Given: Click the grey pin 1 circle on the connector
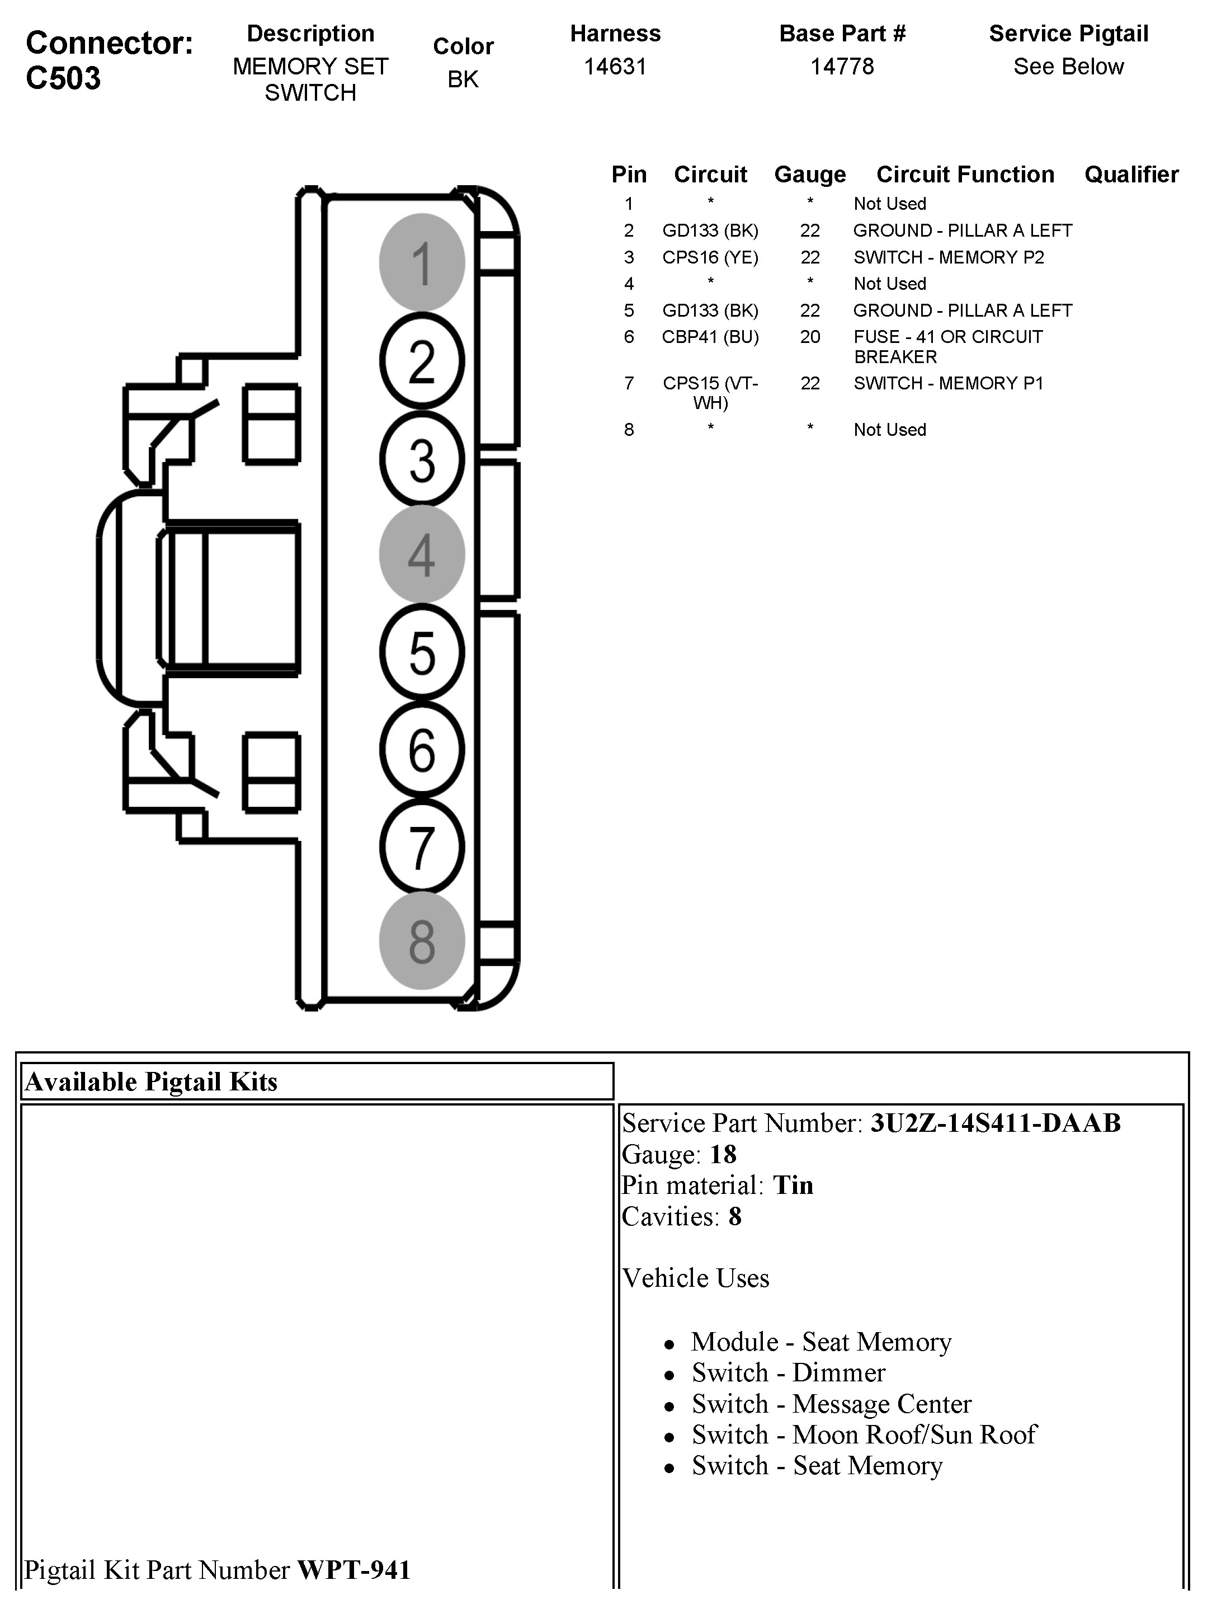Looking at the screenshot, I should tap(422, 262).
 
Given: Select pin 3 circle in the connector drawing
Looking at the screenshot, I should tap(422, 459).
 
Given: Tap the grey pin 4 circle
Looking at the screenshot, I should tap(422, 554).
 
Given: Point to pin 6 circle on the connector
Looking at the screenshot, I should tap(422, 749).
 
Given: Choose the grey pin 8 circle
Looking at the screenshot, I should tap(422, 940).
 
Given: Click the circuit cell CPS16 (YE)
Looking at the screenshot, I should tap(710, 257).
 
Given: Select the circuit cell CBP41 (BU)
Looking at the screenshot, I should tap(710, 337).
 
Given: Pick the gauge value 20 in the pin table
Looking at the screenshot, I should tap(810, 337).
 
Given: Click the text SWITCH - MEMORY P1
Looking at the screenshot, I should tap(948, 383).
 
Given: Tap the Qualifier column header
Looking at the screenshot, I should tap(1131, 175).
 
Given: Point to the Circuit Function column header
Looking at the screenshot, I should tap(965, 175).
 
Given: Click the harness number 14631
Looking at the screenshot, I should tap(615, 67).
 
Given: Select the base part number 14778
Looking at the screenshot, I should tap(842, 67).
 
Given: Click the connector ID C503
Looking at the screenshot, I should tap(64, 78).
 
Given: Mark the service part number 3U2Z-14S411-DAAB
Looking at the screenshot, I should tap(995, 1123).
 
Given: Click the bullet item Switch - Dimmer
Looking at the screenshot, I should tap(789, 1373).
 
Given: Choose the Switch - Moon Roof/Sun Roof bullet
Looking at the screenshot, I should tap(864, 1434).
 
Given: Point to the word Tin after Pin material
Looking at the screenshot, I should tap(793, 1185).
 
